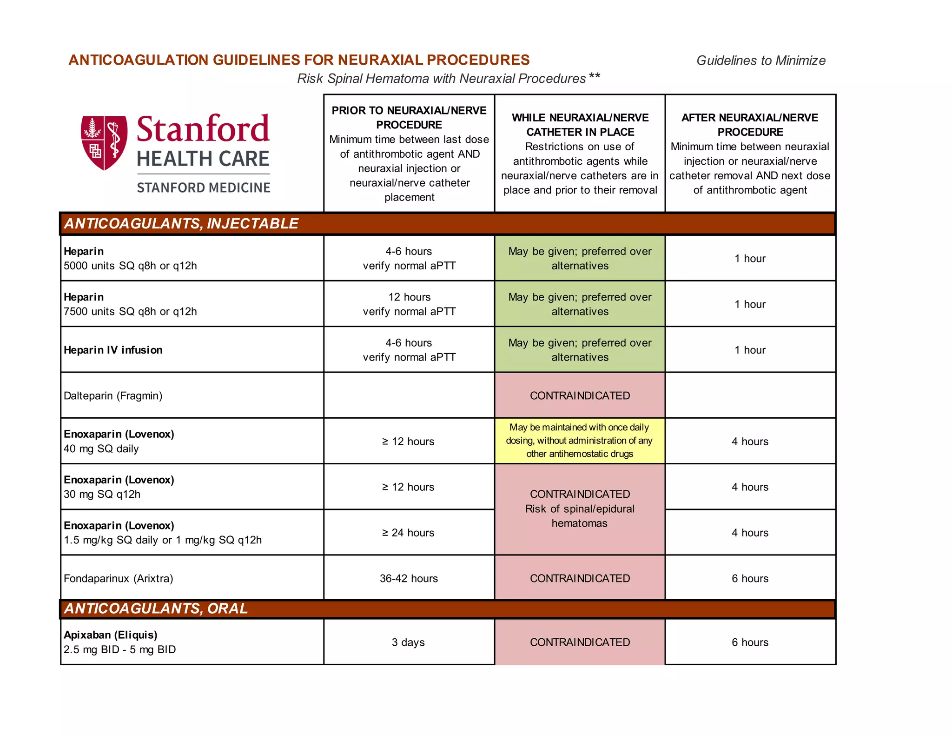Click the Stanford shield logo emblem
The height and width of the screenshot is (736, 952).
coord(104,142)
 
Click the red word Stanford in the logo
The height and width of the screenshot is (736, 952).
coord(203,129)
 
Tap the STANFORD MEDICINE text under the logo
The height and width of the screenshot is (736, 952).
coord(203,187)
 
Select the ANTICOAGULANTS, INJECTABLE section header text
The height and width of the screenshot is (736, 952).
coord(181,224)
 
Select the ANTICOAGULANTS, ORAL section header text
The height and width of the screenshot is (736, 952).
coord(156,609)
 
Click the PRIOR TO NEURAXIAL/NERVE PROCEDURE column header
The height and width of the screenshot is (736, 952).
coord(409,118)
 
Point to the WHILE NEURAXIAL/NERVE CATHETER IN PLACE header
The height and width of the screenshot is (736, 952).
coord(580,125)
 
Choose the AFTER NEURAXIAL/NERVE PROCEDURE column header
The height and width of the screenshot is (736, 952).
coord(750,125)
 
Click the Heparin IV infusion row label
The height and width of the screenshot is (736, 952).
coord(113,350)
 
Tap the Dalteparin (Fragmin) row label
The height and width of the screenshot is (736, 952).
coord(113,396)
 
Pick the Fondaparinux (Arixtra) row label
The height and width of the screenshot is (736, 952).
coord(119,578)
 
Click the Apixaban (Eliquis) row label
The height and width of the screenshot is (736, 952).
coord(111,635)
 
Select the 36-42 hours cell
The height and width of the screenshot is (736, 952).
coord(409,578)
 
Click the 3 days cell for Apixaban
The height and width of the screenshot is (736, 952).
coord(408,642)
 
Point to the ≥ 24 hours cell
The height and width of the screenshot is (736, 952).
coord(408,533)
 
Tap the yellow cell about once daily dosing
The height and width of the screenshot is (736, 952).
coord(580,441)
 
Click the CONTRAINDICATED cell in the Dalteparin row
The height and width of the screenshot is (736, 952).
coord(580,396)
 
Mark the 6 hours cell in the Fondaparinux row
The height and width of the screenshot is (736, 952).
coord(750,578)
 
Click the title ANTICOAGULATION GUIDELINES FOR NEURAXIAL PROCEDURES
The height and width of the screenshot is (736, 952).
coord(299,60)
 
